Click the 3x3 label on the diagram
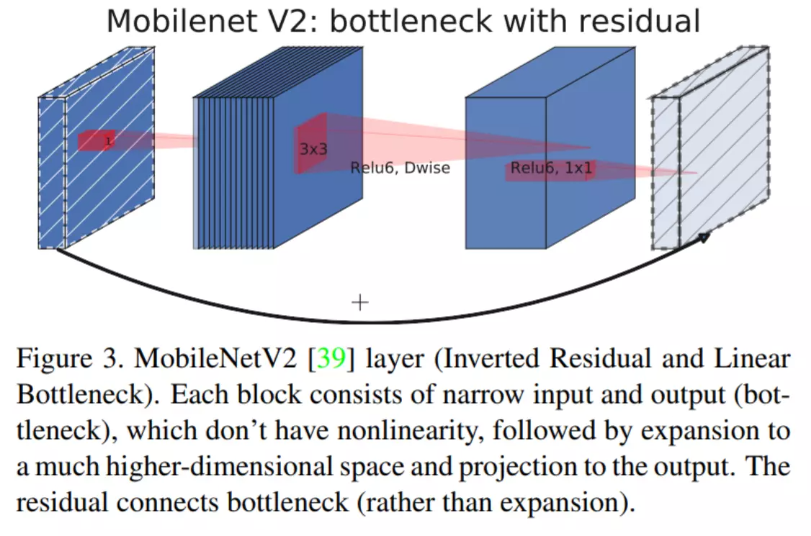click(x=313, y=150)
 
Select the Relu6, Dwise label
click(x=400, y=168)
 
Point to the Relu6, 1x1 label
click(x=551, y=168)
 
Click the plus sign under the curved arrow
click(x=359, y=302)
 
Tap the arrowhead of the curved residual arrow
click(x=704, y=237)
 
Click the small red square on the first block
click(x=97, y=140)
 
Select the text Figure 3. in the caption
click(x=65, y=358)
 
